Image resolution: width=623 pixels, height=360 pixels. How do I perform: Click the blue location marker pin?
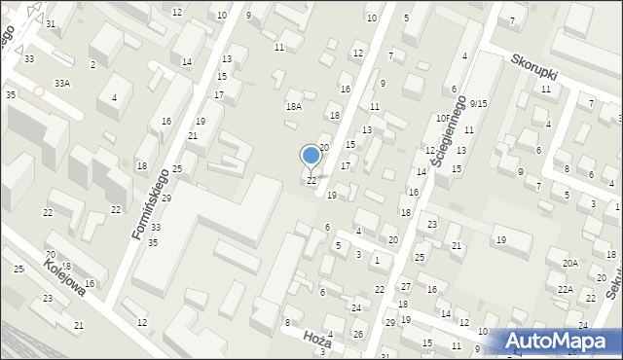[311, 156]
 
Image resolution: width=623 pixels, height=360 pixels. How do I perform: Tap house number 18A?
[293, 107]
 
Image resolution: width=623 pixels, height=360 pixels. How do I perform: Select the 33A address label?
[62, 84]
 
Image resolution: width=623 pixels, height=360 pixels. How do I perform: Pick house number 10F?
[443, 118]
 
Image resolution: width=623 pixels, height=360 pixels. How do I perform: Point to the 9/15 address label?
[478, 103]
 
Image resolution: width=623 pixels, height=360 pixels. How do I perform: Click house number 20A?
[569, 263]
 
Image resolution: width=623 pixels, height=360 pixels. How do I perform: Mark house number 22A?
[565, 289]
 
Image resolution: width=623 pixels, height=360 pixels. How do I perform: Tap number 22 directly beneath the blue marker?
[311, 181]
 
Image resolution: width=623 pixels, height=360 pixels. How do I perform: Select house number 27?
[406, 288]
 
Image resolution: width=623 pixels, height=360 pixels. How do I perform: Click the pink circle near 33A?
[39, 91]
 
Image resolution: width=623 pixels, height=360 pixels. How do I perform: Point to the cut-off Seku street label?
[613, 283]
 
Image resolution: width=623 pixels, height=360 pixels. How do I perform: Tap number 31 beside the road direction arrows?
[51, 23]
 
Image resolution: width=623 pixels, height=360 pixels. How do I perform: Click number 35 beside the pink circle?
[10, 94]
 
